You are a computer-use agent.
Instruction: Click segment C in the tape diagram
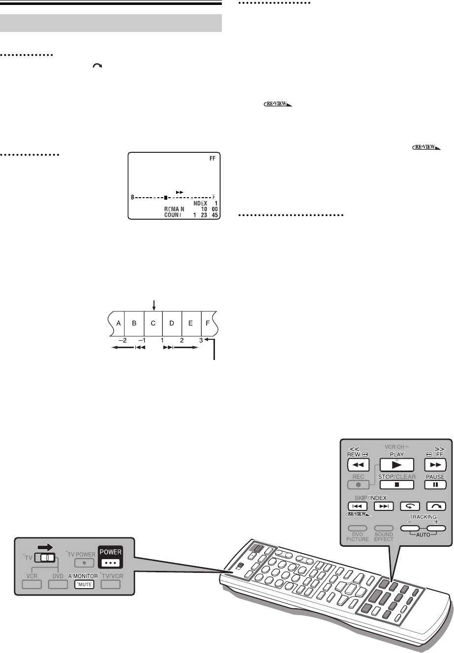pos(153,323)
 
